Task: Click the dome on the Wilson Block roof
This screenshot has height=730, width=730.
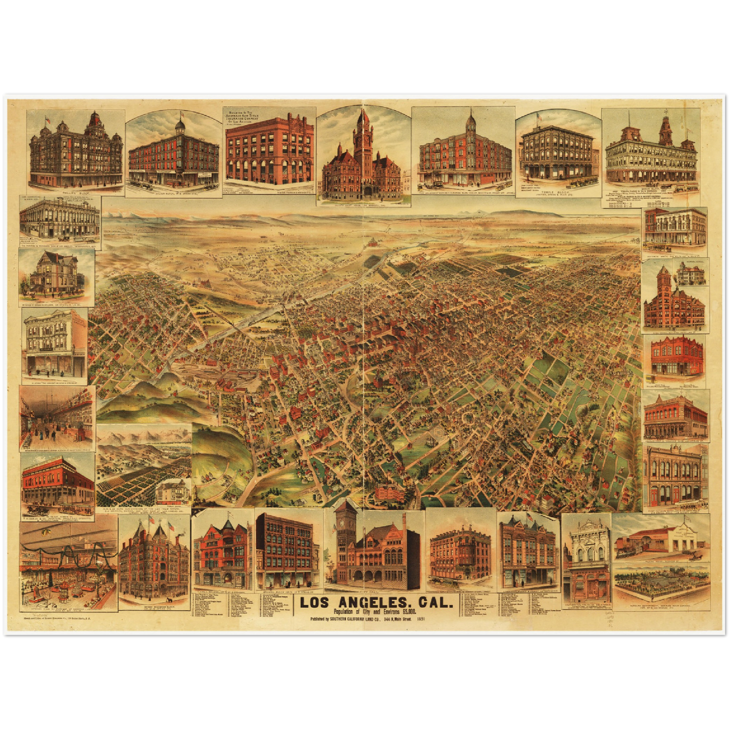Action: point(181,125)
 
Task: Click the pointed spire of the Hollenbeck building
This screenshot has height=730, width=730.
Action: point(471,120)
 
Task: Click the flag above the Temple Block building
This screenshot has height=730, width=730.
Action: point(539,117)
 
